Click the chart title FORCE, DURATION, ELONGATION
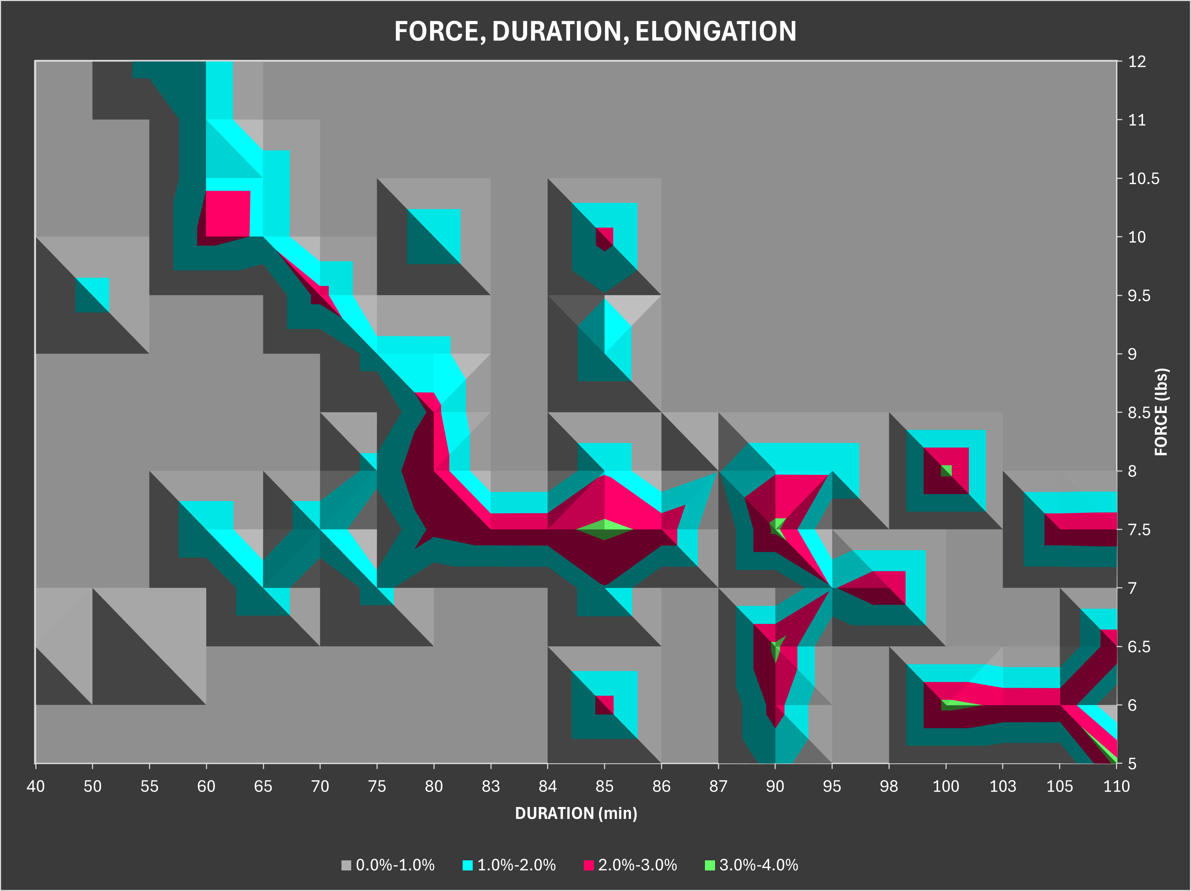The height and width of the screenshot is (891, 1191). [x=595, y=31]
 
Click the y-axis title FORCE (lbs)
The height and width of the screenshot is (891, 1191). [x=1161, y=412]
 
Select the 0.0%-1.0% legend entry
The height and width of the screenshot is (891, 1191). [x=388, y=865]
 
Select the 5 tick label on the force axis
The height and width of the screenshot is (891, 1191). [x=1132, y=763]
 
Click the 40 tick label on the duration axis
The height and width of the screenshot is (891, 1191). [x=36, y=786]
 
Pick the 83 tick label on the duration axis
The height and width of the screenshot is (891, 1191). [x=490, y=786]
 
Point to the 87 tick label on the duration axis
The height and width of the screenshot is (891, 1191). [x=718, y=786]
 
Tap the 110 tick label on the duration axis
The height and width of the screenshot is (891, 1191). [x=1116, y=786]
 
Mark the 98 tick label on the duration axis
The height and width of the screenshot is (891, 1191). [x=889, y=786]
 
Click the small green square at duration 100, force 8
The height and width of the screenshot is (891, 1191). [x=946, y=470]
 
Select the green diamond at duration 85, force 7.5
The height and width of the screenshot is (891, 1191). [x=605, y=529]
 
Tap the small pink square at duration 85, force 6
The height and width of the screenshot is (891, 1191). [x=604, y=705]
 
